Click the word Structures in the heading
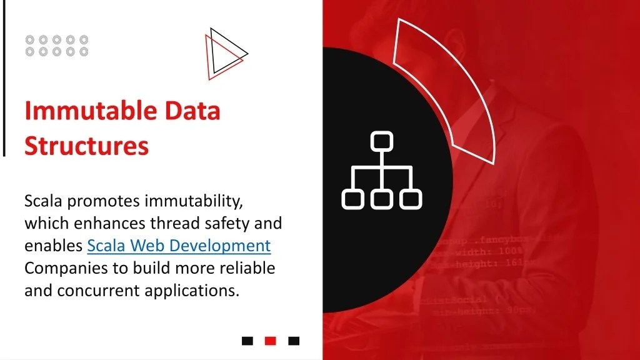tap(86, 146)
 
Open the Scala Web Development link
tap(179, 246)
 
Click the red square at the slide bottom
tap(271, 341)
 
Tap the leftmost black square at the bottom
tap(247, 341)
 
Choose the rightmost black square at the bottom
tap(294, 341)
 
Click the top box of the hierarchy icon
tap(381, 141)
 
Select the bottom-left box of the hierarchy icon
tap(352, 199)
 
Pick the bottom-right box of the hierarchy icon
tap(411, 199)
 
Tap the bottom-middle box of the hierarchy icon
tap(381, 199)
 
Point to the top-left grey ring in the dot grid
tap(30, 40)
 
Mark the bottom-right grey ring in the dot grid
tap(84, 52)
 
